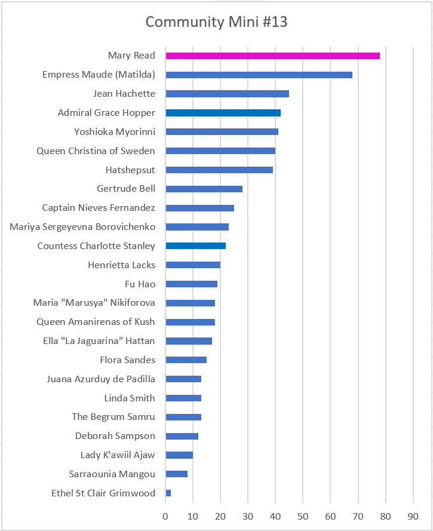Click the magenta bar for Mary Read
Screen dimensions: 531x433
click(x=272, y=56)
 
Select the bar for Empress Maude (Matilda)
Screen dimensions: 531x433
click(x=259, y=75)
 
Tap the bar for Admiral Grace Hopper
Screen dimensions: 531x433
click(x=223, y=113)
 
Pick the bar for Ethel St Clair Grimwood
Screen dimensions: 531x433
click(x=168, y=493)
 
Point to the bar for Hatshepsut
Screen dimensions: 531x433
click(x=219, y=170)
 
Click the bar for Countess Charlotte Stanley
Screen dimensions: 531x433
click(x=195, y=246)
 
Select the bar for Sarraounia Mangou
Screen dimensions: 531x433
click(x=176, y=474)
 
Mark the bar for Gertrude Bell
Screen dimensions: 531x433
click(x=204, y=189)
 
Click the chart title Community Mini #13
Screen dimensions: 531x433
click(x=216, y=23)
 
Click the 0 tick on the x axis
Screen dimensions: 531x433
click(x=165, y=515)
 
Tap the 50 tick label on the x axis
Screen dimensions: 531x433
click(x=303, y=515)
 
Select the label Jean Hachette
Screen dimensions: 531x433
click(x=124, y=94)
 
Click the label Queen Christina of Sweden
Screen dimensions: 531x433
click(x=96, y=151)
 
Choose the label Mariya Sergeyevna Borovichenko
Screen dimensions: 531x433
click(x=82, y=227)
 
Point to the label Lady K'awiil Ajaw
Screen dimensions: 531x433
click(x=118, y=455)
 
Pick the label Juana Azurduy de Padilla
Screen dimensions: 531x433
click(x=101, y=379)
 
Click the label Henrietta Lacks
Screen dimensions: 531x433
click(x=121, y=265)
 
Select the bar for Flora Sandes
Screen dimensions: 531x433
click(x=186, y=360)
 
